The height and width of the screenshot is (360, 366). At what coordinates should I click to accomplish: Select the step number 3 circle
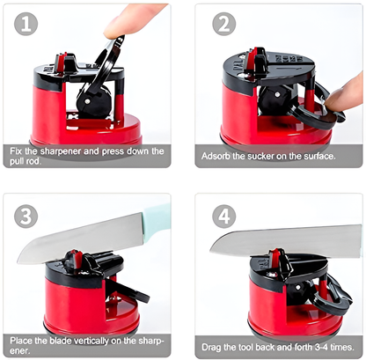tap(26, 215)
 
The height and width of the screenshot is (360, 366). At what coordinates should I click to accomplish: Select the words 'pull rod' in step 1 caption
tap(27, 162)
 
